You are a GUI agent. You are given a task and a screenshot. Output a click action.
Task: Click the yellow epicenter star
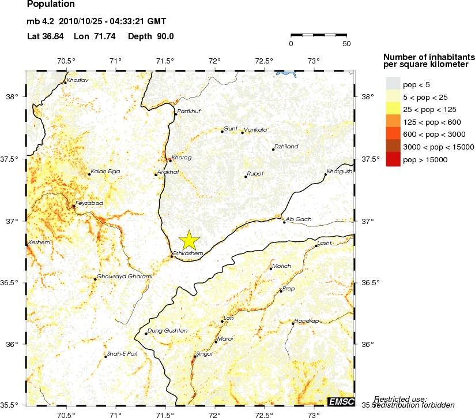click(189, 239)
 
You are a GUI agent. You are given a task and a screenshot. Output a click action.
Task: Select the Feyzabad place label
click(89, 204)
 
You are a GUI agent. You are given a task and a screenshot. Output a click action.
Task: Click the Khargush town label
click(340, 171)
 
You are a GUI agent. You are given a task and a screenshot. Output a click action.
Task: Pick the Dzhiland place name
click(286, 147)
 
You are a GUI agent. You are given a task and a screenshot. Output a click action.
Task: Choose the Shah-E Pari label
click(122, 353)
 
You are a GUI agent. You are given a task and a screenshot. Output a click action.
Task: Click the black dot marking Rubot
click(246, 177)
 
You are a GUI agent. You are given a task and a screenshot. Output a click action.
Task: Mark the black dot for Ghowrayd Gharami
click(95, 279)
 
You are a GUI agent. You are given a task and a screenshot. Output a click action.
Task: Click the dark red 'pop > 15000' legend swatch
click(392, 160)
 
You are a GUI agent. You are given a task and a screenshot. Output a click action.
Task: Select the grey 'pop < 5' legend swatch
click(392, 84)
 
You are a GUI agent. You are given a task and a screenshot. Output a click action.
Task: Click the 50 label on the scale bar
click(346, 43)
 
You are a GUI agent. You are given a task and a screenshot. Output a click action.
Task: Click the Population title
click(51, 5)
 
